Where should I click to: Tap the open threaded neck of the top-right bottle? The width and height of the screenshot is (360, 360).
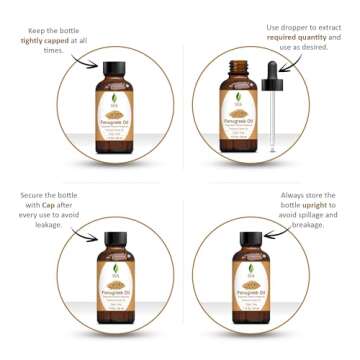click(242, 70)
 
